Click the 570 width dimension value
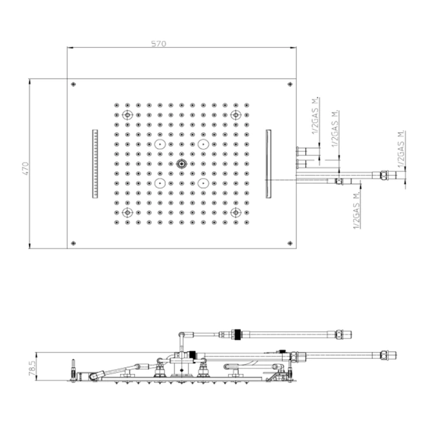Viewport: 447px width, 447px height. (x=158, y=43)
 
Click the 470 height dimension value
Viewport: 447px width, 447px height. (x=26, y=169)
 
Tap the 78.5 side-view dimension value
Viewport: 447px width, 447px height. (x=32, y=368)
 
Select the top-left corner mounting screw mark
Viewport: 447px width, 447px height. (x=73, y=84)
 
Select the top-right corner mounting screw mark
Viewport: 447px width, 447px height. (x=290, y=84)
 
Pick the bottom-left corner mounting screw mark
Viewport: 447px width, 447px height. (x=73, y=243)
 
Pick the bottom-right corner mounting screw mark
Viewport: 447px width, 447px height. (x=290, y=243)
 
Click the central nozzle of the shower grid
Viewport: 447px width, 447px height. (x=181, y=164)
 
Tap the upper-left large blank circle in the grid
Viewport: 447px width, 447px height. (x=160, y=144)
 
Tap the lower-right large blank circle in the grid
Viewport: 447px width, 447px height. (x=203, y=183)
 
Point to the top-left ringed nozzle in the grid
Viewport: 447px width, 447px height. (x=128, y=115)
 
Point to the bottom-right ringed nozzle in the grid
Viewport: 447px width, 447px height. (x=236, y=213)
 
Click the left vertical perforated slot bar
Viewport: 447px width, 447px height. (x=95, y=163)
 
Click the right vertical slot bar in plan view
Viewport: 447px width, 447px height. (x=269, y=163)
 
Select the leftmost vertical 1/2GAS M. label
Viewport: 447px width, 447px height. (x=315, y=116)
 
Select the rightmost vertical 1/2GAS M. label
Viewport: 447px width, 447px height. (x=402, y=149)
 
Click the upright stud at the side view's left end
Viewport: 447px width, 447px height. (x=73, y=370)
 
